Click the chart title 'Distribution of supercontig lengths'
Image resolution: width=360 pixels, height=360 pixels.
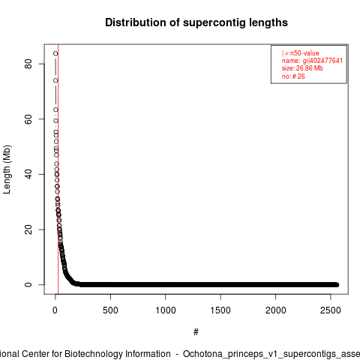[x=196, y=22]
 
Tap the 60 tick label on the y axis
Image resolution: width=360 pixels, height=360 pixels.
[x=28, y=119]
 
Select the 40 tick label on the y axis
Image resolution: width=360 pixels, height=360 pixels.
[x=28, y=174]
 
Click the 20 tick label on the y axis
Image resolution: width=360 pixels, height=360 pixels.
[x=28, y=229]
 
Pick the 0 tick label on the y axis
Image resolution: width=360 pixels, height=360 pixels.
[x=28, y=285]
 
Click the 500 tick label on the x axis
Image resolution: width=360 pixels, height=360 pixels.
[x=110, y=310]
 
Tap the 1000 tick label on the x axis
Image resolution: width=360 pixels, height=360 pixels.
[x=166, y=310]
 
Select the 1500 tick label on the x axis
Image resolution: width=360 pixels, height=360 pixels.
[x=220, y=310]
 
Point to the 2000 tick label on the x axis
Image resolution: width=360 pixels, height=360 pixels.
[x=275, y=310]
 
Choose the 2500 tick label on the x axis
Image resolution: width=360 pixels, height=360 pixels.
[x=331, y=310]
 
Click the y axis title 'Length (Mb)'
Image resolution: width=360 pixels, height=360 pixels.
[x=7, y=169]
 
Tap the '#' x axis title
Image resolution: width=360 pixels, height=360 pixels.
[x=196, y=332]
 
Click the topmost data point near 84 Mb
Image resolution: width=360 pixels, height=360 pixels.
[x=55, y=53]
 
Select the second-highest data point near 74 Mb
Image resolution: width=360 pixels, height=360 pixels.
[x=55, y=80]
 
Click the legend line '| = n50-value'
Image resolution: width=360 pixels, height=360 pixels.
[x=301, y=53]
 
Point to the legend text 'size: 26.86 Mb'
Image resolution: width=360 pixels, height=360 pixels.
[x=302, y=68]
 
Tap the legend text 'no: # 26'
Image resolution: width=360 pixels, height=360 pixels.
[x=293, y=76]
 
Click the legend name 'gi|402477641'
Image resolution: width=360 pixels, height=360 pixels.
[x=322, y=61]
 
